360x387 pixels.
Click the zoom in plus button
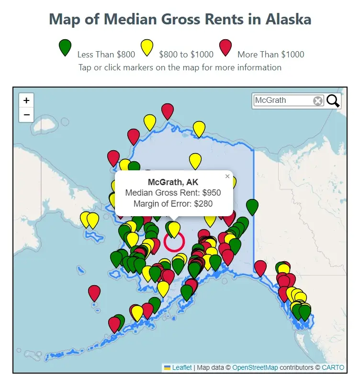pos(26,100)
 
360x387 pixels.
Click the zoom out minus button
pos(26,115)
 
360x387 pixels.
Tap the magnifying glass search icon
pos(333,100)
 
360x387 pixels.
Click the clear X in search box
pos(318,100)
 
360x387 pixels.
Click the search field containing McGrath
pos(282,100)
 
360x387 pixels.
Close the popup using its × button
pos(227,177)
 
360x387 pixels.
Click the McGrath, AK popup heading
pos(173,182)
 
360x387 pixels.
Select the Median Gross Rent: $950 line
pos(173,193)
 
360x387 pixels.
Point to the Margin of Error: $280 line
pos(173,204)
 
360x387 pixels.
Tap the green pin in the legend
pos(65,47)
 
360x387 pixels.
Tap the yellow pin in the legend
pos(146,47)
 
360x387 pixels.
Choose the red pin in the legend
pos(225,47)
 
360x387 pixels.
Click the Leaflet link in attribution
pos(182,367)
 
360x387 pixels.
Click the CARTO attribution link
pos(333,367)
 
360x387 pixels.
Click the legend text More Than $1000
pos(270,55)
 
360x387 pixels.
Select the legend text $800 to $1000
pos(186,55)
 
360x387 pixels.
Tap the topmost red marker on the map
pos(167,111)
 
